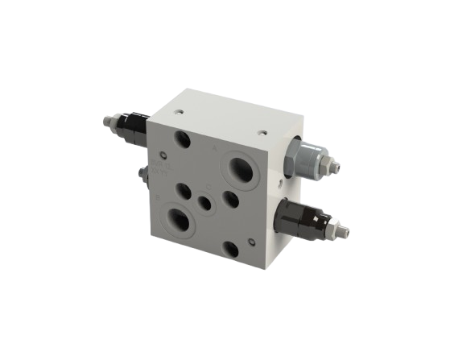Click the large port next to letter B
click(x=179, y=219)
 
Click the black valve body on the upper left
click(x=132, y=126)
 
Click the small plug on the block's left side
click(x=142, y=174)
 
